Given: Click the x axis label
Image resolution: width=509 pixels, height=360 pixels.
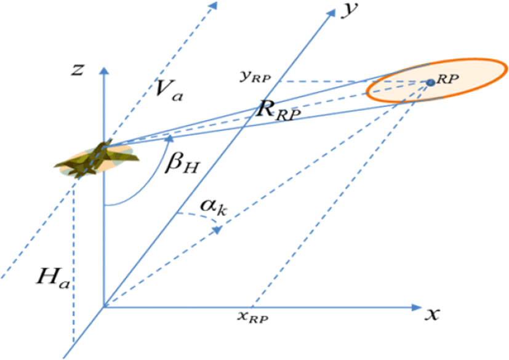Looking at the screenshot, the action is click(432, 314).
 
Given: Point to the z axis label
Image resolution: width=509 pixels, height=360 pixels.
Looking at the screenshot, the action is click(78, 70).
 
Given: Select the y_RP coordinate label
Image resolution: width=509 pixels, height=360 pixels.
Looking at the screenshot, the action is click(255, 76).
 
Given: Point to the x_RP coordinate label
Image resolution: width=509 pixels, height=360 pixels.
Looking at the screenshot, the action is click(253, 316).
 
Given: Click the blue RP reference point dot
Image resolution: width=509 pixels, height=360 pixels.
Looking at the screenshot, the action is click(431, 82).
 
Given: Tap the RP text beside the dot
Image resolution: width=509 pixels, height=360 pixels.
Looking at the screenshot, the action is click(447, 79).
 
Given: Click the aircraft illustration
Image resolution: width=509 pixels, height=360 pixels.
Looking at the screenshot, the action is click(97, 159).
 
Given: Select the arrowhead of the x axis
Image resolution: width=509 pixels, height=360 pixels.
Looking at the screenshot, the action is click(417, 306).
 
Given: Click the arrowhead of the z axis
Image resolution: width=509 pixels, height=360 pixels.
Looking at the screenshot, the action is click(104, 71).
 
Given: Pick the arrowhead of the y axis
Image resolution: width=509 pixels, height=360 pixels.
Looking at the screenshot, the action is click(331, 14).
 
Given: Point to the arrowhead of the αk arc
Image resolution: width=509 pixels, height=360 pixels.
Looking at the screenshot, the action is click(217, 230).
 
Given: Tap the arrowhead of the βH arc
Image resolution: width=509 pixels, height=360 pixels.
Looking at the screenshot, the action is click(169, 138).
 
